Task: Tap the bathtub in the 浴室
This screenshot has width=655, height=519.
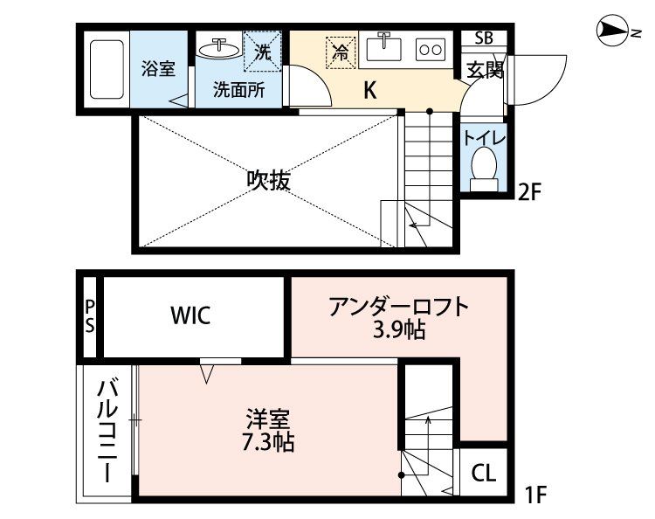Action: (109, 69)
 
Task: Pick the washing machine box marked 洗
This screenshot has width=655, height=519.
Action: (261, 51)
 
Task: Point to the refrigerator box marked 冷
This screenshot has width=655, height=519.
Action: (341, 52)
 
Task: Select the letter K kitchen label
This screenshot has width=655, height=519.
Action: (369, 90)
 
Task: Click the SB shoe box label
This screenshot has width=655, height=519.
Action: (483, 38)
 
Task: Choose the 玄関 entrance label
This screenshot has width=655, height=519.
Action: (483, 70)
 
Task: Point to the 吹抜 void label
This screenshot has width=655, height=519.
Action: (267, 181)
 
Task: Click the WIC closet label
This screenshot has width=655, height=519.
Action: (190, 315)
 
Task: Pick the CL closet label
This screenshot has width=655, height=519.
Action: (483, 474)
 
